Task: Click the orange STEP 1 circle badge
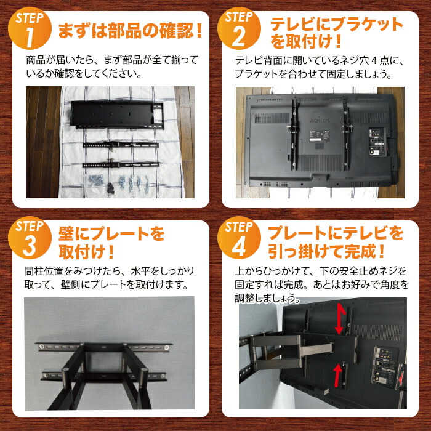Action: point(30,28)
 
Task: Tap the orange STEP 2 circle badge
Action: point(239,28)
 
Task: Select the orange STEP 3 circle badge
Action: point(30,238)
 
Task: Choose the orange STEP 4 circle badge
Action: point(239,238)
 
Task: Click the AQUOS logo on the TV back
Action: point(320,121)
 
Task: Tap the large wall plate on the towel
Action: point(118,115)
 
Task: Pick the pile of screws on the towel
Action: point(119,183)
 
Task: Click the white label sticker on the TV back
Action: point(320,136)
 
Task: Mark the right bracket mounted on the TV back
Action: point(346,134)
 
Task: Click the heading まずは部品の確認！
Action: point(131,31)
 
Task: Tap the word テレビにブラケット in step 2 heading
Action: point(336,25)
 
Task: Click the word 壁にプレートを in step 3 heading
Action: point(111,234)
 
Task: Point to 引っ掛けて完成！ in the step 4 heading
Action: point(326,251)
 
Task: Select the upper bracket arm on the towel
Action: point(121,145)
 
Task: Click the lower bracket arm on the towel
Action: point(121,164)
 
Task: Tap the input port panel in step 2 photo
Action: point(376,142)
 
